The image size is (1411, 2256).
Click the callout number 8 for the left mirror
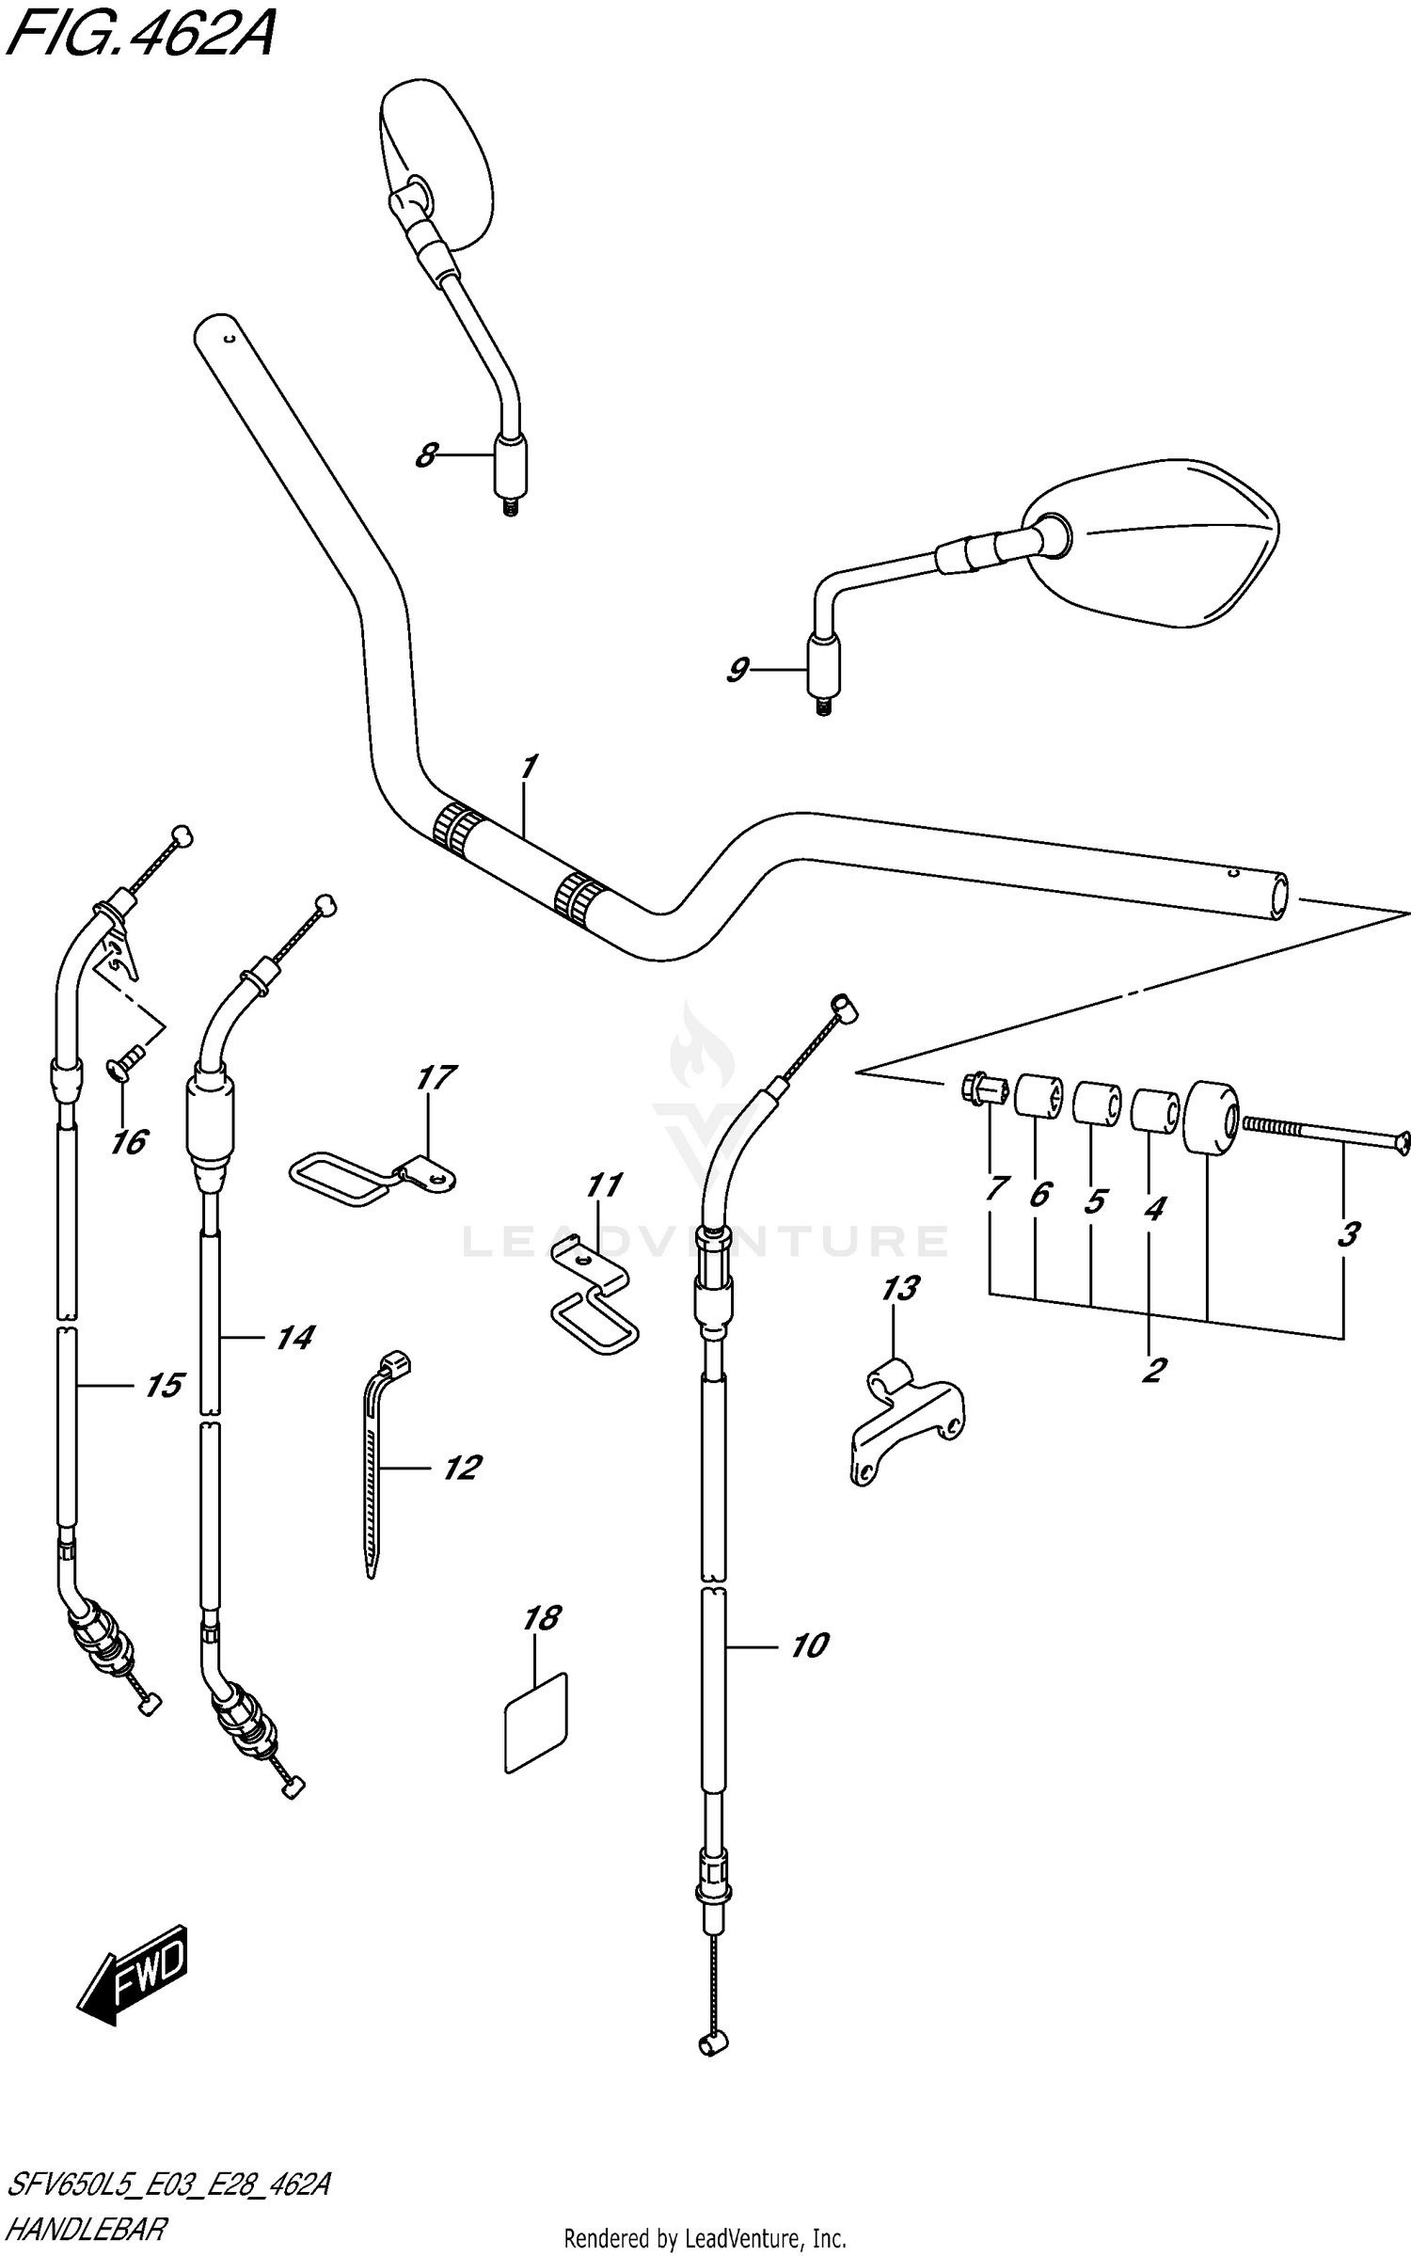[426, 457]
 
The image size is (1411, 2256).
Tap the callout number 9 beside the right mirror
[737, 671]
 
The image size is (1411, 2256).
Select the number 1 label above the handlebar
[529, 767]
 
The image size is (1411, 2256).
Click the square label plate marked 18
[537, 1721]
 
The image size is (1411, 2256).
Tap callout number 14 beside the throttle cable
[294, 1338]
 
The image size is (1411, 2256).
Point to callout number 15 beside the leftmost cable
[164, 1386]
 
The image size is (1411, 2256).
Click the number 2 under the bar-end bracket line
[1154, 1370]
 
